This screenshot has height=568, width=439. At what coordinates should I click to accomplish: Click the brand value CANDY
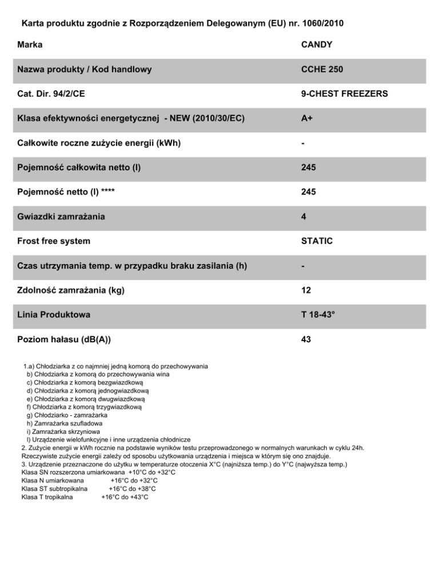(317, 45)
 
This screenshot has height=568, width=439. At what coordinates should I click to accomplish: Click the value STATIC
(317, 241)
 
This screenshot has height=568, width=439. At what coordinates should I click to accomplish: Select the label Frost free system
(54, 241)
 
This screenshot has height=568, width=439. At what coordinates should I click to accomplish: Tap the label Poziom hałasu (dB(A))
(64, 340)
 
